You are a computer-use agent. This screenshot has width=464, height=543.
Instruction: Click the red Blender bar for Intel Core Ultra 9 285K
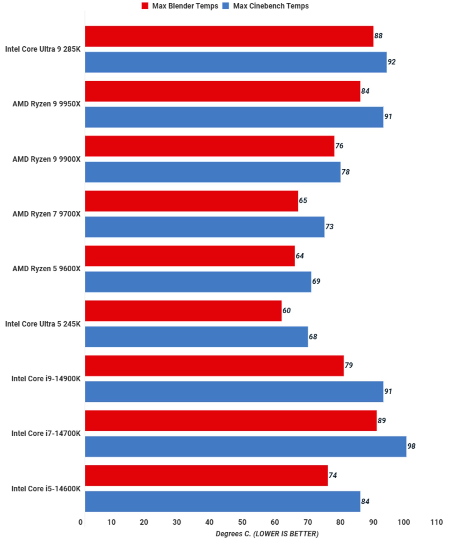[229, 36]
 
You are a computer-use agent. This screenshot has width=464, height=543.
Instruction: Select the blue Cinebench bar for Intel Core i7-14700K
[245, 446]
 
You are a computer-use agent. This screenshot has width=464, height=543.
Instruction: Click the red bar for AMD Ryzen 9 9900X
[210, 146]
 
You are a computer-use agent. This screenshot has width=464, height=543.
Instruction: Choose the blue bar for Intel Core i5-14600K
[222, 501]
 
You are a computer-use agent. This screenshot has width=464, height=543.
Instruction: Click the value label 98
[411, 446]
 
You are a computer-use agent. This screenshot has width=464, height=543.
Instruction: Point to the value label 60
[286, 311]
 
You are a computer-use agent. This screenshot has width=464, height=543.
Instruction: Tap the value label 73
[329, 227]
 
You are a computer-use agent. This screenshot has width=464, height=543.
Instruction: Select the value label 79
[348, 365]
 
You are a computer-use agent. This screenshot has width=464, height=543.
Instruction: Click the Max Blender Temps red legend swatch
[145, 6]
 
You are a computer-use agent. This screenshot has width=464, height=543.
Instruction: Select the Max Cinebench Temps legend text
[271, 6]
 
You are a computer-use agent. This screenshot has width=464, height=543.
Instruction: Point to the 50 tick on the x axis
[242, 522]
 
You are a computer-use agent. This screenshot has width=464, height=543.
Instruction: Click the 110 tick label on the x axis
[436, 522]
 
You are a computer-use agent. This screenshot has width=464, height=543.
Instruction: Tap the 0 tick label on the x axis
[80, 522]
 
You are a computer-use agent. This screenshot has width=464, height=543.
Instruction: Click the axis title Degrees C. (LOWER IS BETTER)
[267, 534]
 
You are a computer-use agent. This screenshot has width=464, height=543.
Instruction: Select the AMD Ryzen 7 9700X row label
[46, 214]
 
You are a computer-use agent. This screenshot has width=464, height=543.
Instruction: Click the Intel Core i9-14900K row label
[46, 379]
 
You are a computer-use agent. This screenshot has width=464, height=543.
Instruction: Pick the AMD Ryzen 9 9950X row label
[46, 104]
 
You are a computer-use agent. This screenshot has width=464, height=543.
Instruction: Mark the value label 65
[303, 201]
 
